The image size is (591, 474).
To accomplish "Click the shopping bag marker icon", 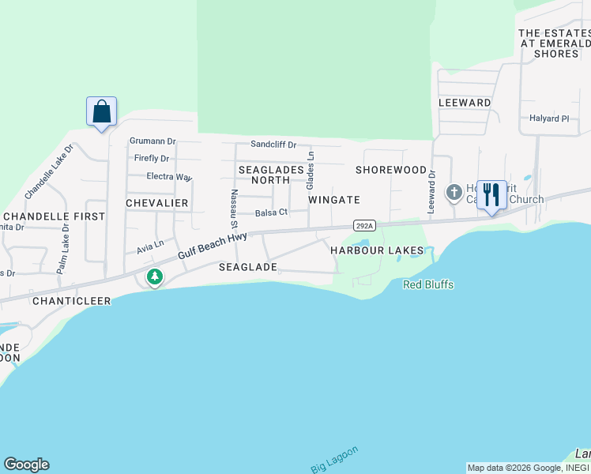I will (x=101, y=111).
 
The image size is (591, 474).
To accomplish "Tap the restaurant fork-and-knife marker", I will (x=491, y=195).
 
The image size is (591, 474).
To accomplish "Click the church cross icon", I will (x=454, y=192).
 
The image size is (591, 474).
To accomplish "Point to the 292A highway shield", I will (x=363, y=224).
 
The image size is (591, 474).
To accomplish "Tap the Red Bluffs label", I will (x=428, y=284).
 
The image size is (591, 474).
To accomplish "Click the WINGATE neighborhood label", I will (x=334, y=200).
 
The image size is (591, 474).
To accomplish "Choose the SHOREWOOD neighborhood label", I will (x=391, y=170).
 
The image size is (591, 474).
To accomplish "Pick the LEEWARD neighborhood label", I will (x=465, y=103).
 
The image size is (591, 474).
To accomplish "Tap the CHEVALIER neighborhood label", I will (x=157, y=203).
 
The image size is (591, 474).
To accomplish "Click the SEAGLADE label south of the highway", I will (x=247, y=267).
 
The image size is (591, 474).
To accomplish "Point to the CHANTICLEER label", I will (x=71, y=301).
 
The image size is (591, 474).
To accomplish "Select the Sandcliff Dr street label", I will (x=273, y=145).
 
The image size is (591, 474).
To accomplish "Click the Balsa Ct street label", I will (x=271, y=213).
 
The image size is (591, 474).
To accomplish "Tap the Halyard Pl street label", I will (x=549, y=118).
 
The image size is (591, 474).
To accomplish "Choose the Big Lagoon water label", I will (x=334, y=459).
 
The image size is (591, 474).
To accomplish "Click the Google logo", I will (x=26, y=465).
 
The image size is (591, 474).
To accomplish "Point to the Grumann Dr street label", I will (x=152, y=141).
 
